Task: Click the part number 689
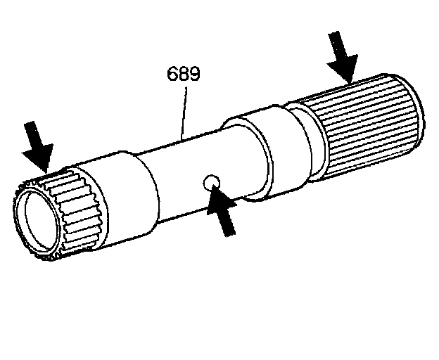point(183,74)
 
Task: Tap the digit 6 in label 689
point(172,74)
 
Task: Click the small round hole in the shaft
point(211,184)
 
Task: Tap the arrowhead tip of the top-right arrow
point(349,79)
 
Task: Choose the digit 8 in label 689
point(183,74)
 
